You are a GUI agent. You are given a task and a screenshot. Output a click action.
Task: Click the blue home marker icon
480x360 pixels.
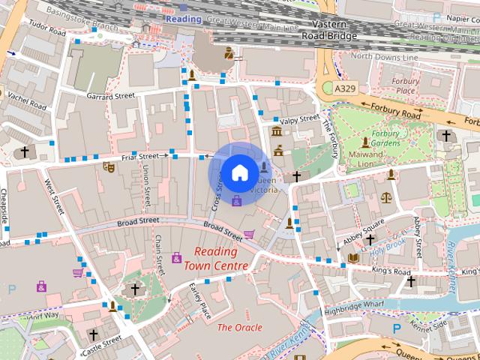[238, 172]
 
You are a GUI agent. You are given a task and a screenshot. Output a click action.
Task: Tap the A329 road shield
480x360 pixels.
[345, 88]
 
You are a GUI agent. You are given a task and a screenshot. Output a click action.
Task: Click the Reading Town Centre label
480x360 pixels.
[220, 259]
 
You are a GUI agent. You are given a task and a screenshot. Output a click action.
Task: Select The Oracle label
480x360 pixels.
[239, 328]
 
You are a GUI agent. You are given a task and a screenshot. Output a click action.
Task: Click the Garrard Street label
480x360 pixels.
[110, 96]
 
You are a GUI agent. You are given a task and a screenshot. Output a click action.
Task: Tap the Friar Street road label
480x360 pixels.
[140, 157]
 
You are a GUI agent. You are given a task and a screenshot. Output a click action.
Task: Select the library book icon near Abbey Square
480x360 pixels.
[353, 258]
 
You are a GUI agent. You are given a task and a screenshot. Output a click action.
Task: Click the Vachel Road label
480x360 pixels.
[26, 103]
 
